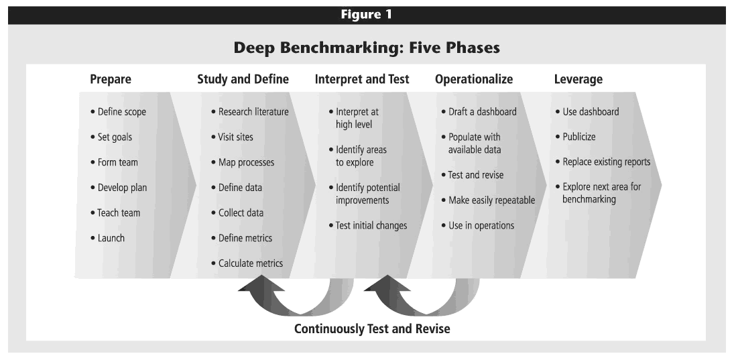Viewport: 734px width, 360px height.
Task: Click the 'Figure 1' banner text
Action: (366, 15)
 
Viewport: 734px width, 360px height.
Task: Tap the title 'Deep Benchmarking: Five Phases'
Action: (367, 48)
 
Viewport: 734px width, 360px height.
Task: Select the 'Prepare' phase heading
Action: (111, 79)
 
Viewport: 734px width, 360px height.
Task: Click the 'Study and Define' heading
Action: (243, 79)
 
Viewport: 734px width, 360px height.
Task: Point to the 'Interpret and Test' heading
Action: (362, 79)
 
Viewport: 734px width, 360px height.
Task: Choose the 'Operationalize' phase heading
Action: (474, 79)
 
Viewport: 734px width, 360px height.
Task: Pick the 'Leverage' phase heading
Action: (578, 79)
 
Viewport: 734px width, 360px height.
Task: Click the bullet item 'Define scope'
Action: (119, 112)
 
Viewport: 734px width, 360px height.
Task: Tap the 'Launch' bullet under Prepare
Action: (108, 238)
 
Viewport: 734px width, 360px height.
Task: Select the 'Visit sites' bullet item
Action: (232, 137)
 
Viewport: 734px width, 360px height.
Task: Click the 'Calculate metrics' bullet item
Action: (247, 263)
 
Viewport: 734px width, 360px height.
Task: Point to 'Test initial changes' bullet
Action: (368, 225)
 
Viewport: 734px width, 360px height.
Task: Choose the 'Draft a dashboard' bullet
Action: (479, 112)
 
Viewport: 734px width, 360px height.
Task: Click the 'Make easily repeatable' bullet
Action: (488, 200)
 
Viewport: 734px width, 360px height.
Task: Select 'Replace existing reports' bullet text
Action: (603, 162)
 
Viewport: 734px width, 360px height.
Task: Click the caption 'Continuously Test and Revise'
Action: (372, 328)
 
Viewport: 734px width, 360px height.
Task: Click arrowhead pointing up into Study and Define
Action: (261, 283)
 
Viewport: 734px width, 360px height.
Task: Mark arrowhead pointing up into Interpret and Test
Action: (387, 283)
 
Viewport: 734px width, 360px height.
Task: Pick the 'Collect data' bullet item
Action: (237, 213)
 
